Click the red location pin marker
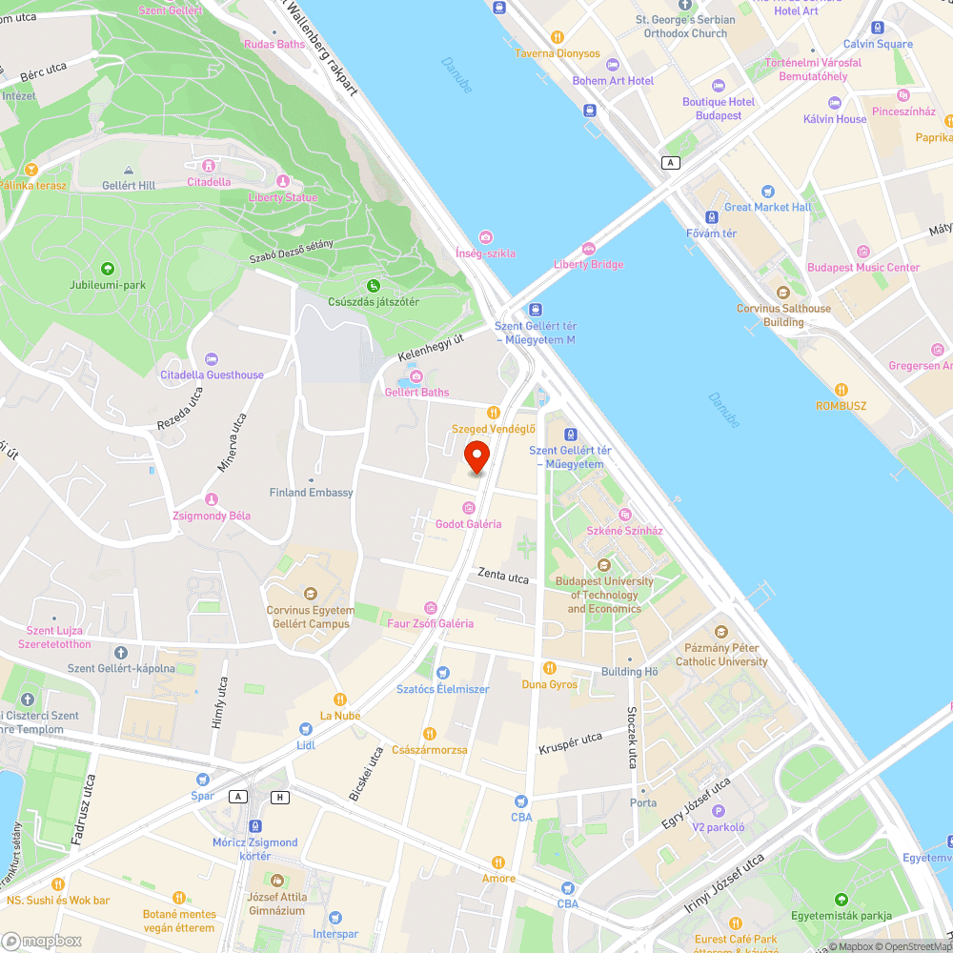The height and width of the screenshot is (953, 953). click(476, 456)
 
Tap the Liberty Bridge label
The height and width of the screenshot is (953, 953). click(588, 264)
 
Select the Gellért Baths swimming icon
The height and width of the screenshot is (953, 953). click(416, 377)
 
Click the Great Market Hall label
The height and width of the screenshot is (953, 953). click(767, 207)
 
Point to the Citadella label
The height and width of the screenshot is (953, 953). click(209, 181)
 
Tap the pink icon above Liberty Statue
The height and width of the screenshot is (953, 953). click(281, 181)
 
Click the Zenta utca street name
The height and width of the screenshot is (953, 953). click(504, 578)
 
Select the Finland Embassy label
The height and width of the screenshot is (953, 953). click(311, 493)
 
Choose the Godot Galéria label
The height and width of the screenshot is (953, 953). click(468, 523)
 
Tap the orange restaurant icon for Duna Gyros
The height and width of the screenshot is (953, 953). click(549, 668)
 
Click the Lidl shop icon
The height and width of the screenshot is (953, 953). click(305, 729)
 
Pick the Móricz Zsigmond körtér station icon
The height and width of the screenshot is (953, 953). click(254, 826)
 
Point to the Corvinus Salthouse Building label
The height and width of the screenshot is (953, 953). click(783, 314)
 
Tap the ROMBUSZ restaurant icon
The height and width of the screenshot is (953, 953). click(841, 389)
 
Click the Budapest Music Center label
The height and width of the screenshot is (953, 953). click(863, 268)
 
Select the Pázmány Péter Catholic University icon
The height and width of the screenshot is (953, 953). click(720, 632)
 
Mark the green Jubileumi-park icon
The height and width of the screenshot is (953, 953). click(107, 269)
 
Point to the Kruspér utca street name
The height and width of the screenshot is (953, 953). click(570, 741)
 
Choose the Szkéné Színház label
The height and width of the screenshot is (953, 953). click(624, 530)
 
